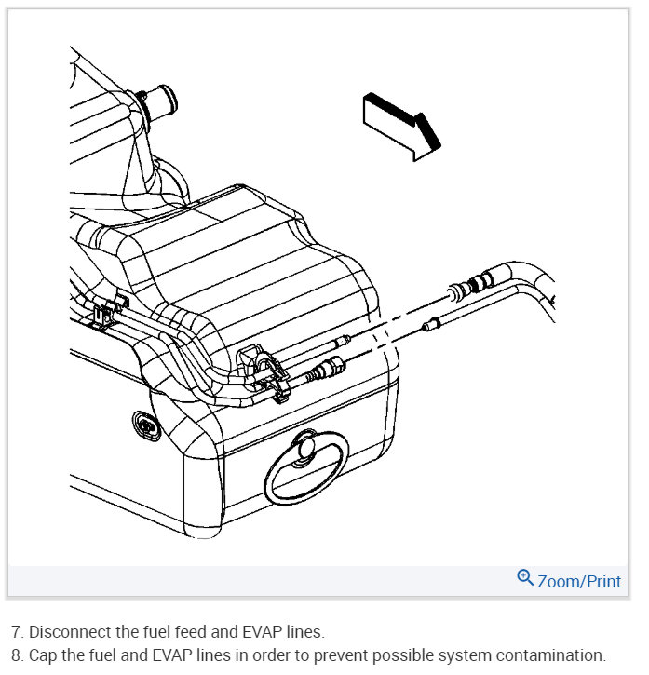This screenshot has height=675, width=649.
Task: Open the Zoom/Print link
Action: pyautogui.click(x=578, y=581)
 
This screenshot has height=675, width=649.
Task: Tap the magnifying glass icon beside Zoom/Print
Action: pyautogui.click(x=525, y=578)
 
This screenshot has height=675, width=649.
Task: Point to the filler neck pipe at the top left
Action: pyautogui.click(x=159, y=103)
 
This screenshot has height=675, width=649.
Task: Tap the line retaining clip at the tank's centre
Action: pyautogui.click(x=262, y=367)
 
